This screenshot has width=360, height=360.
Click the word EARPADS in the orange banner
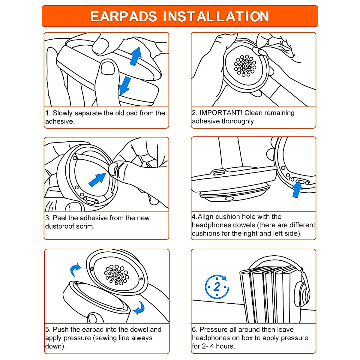click(124, 16)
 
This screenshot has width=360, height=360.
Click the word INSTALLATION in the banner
click(216, 16)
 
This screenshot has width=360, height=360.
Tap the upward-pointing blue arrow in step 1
click(136, 56)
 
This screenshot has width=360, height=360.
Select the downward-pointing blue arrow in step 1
click(124, 86)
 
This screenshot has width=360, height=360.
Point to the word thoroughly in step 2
click(238, 121)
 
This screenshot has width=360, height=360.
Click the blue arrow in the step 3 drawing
click(97, 180)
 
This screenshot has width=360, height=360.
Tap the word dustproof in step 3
click(61, 226)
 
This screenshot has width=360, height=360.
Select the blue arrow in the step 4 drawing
click(297, 189)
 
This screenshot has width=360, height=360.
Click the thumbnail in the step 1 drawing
click(108, 68)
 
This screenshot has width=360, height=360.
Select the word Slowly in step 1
click(62, 113)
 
